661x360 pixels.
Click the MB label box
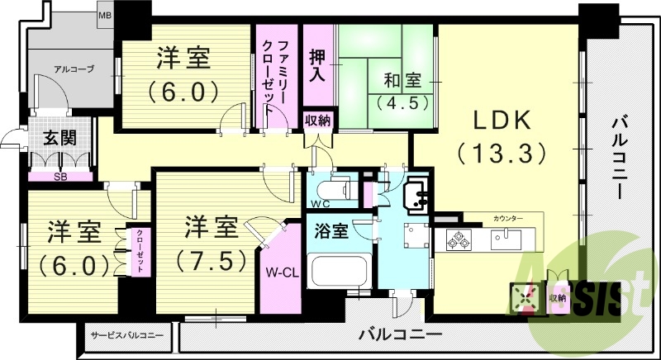(106, 16)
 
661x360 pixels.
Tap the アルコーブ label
(74, 69)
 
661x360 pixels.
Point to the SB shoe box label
(59, 175)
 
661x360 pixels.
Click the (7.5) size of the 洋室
(212, 261)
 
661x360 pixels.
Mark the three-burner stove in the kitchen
(459, 240)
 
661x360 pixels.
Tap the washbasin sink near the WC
(416, 194)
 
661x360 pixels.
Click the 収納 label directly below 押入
(317, 121)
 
